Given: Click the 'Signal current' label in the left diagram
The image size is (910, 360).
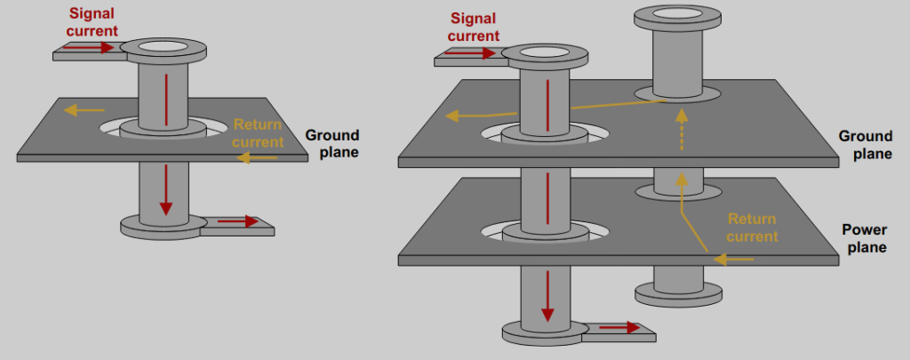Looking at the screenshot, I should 92,21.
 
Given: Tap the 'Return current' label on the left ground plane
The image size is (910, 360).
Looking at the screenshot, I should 258,133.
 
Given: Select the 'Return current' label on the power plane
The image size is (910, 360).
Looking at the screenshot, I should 752,228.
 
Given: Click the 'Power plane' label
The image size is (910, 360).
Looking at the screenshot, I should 864,238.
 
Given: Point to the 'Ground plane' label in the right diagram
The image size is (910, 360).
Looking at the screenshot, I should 865,145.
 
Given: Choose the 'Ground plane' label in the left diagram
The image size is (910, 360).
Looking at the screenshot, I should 331,143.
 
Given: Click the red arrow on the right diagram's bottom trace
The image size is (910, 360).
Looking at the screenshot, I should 619,328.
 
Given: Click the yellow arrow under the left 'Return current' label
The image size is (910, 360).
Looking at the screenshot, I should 258,158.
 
